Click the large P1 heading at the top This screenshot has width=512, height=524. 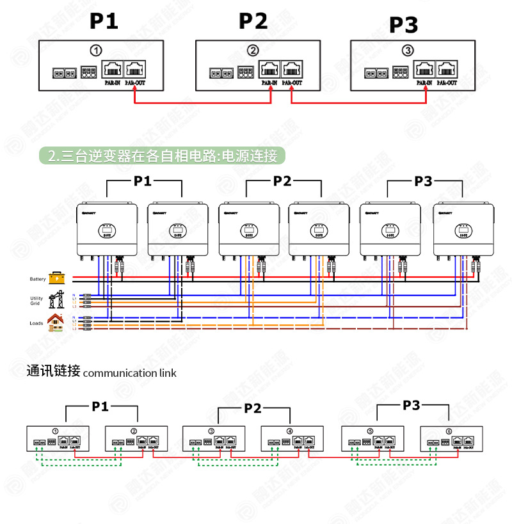point(104,20)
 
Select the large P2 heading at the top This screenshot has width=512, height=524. point(253,20)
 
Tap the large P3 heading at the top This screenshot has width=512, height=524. point(403,25)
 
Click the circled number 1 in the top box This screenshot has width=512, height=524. point(95,50)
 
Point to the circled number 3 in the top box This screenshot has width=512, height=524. point(408,51)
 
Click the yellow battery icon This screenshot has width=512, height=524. point(58,278)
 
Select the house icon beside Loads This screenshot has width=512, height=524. point(56,322)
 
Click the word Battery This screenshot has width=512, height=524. point(38,279)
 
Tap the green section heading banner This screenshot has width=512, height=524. point(163,155)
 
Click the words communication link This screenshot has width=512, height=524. point(129,373)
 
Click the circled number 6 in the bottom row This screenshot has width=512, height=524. point(449,431)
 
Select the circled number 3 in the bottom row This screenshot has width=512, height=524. point(211,431)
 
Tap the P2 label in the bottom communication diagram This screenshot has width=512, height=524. point(253,408)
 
